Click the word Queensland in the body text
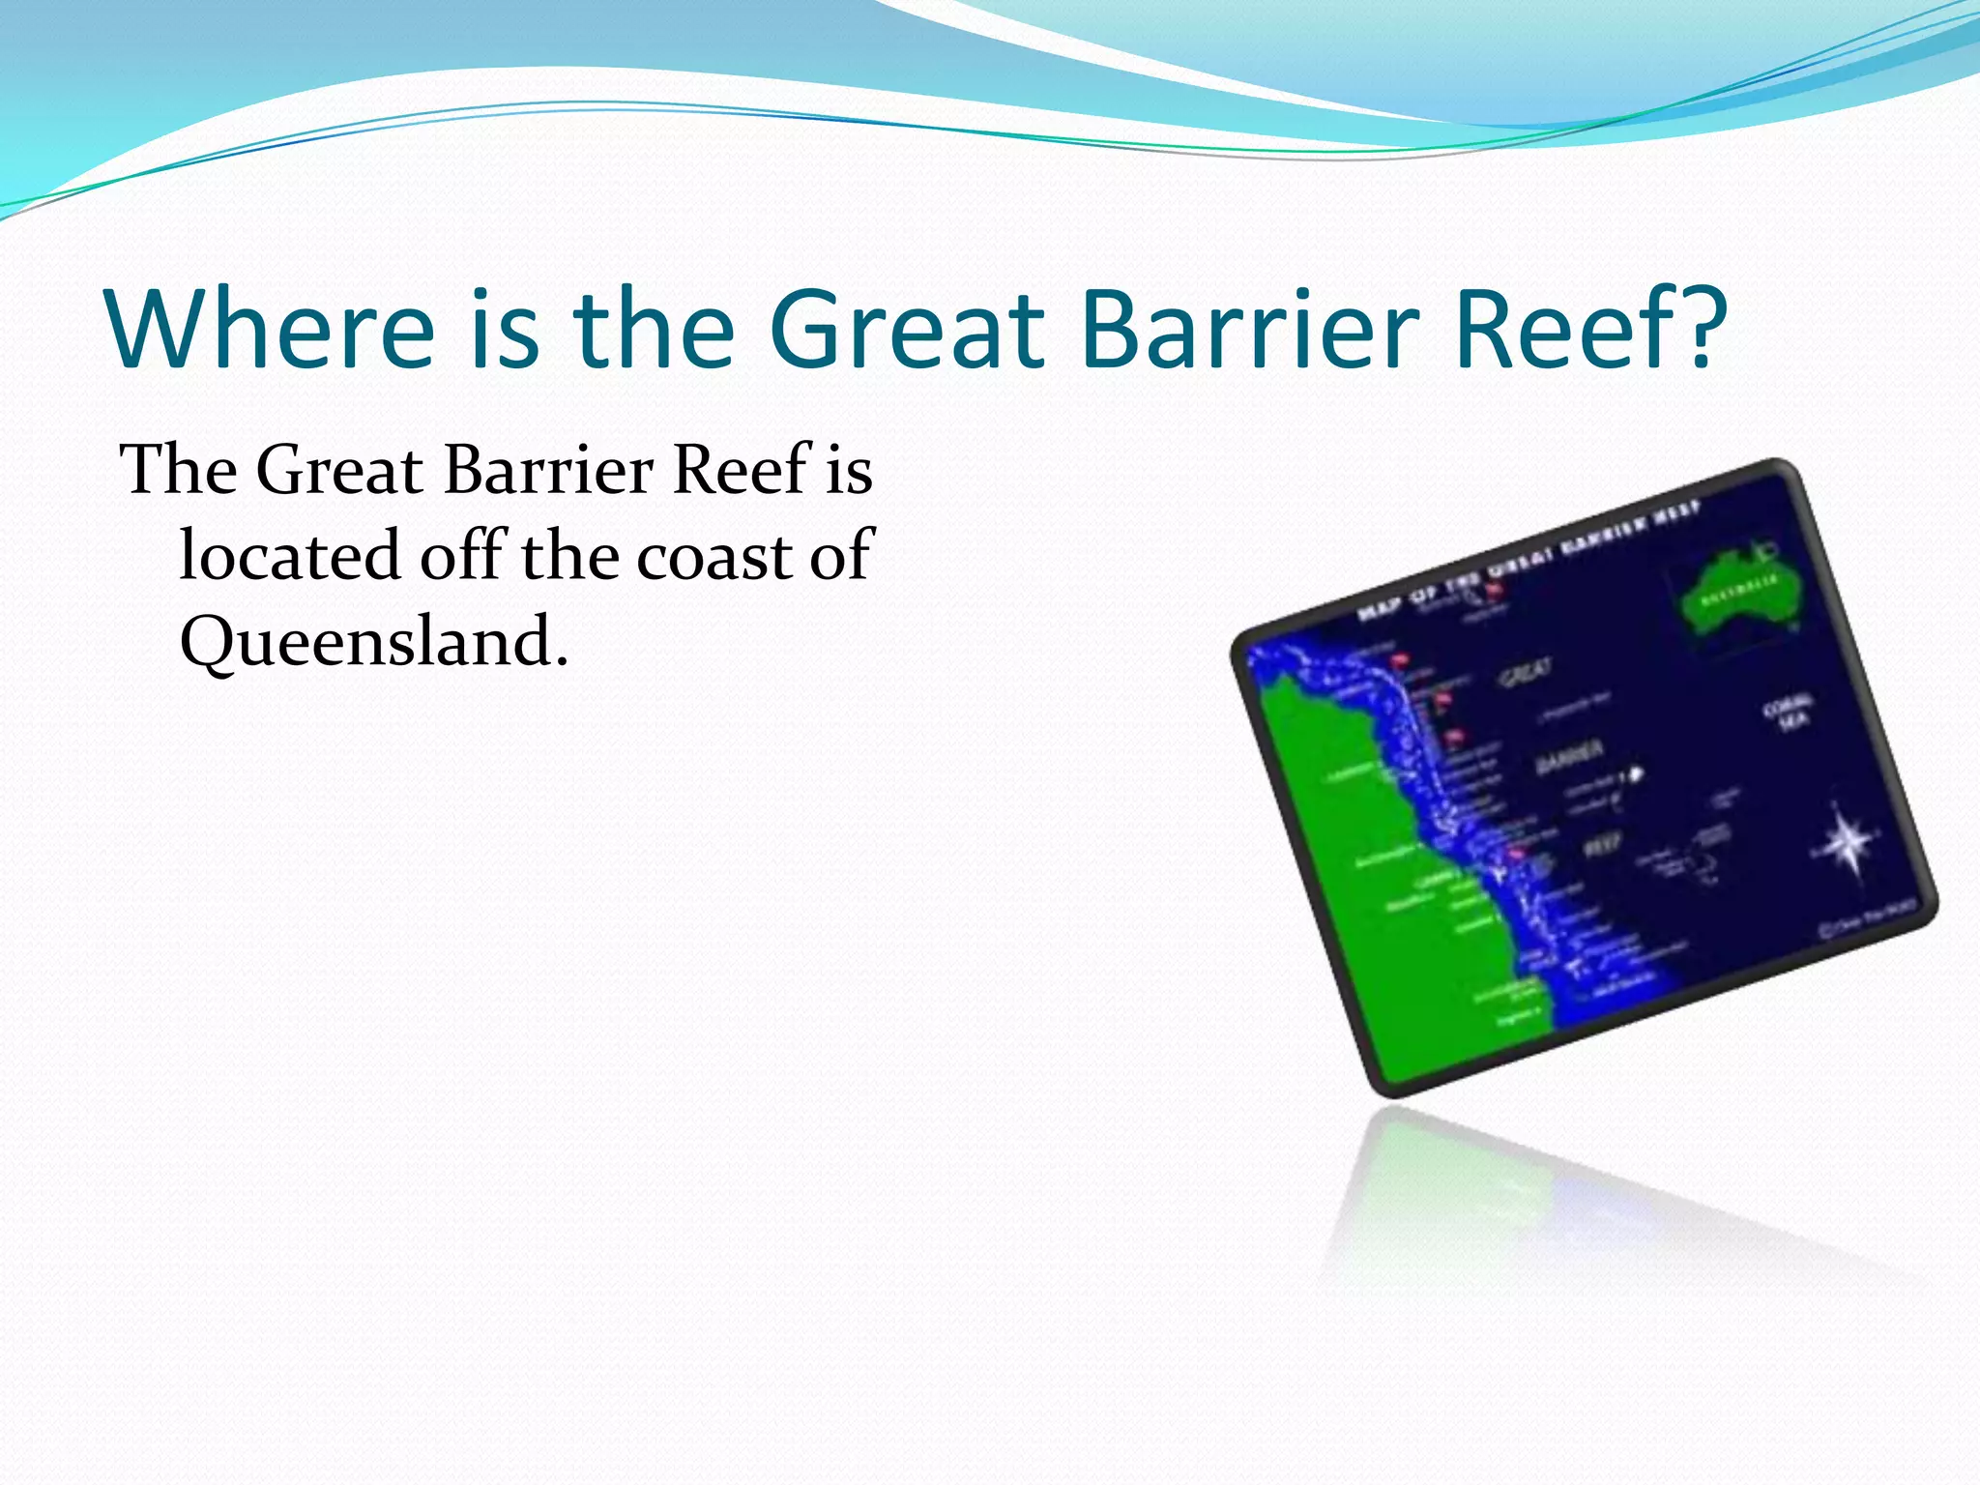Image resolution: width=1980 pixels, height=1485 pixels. tap(373, 643)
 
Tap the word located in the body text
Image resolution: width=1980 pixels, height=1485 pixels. tap(290, 558)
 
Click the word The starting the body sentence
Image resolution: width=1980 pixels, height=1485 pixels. tap(179, 471)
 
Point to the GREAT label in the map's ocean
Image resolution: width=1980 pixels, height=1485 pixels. tap(1526, 673)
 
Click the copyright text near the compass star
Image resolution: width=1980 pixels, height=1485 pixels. tap(1866, 917)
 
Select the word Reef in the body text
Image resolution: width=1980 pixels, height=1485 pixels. tap(741, 471)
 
